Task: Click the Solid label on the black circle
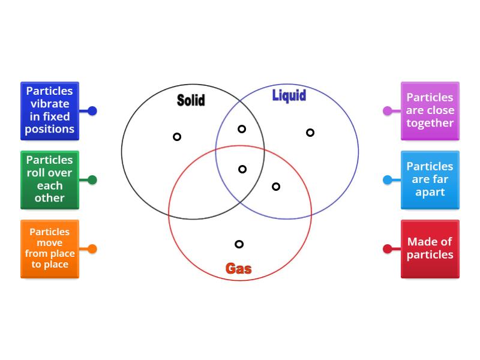click(x=191, y=100)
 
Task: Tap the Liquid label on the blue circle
click(x=289, y=95)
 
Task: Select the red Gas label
click(x=238, y=268)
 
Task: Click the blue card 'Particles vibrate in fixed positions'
click(x=50, y=110)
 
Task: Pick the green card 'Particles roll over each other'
click(x=50, y=179)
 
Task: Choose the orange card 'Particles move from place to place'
click(x=50, y=248)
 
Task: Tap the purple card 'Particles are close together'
click(x=430, y=110)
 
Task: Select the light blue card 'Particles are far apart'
click(x=430, y=179)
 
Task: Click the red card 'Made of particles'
click(x=430, y=248)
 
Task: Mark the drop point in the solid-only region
click(x=177, y=137)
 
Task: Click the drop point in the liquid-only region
click(x=310, y=133)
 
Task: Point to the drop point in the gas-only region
click(x=239, y=244)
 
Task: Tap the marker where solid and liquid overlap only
click(x=242, y=129)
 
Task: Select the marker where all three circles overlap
click(x=242, y=169)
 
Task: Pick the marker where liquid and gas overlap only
click(x=276, y=187)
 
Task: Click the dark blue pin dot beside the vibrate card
click(x=92, y=110)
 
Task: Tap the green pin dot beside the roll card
click(x=92, y=179)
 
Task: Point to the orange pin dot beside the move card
click(x=92, y=248)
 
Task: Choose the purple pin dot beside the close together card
click(x=388, y=110)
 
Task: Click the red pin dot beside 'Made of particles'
click(x=388, y=248)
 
